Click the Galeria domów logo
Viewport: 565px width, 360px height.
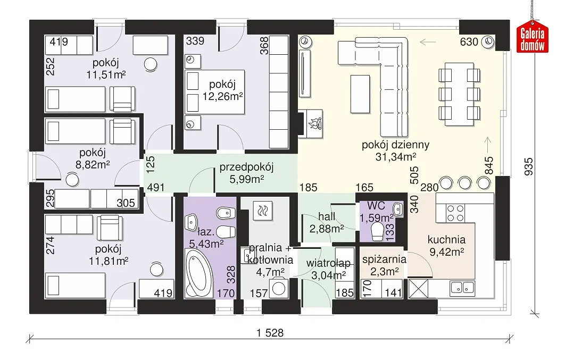coord(532,39)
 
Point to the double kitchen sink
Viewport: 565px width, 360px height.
coord(463,287)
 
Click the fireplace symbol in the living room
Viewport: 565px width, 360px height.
coord(313,124)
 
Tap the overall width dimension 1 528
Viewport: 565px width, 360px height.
coord(270,333)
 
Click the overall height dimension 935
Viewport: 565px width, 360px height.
coord(528,166)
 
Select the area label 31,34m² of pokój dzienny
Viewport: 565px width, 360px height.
coord(396,157)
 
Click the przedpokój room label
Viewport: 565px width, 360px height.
coord(246,167)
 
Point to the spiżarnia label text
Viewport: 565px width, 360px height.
coord(384,259)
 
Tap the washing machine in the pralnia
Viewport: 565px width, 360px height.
coord(279,288)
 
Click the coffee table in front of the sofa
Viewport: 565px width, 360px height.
coord(360,94)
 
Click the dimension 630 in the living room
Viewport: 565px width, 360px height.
coord(469,42)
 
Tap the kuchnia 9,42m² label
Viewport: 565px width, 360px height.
coord(446,246)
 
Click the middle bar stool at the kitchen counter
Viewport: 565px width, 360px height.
coord(465,183)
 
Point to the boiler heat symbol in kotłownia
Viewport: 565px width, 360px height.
coord(263,210)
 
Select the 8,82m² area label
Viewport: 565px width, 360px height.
coord(93,164)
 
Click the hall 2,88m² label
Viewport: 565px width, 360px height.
coord(327,222)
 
